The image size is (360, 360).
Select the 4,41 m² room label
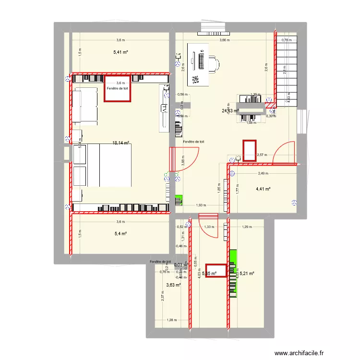pyautogui.click(x=263, y=189)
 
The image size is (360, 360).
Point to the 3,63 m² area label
pyautogui.click(x=173, y=285)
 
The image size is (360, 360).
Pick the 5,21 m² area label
pyautogui.click(x=247, y=274)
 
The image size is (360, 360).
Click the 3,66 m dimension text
pyautogui.click(x=224, y=40)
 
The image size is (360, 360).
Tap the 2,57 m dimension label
pyautogui.click(x=262, y=155)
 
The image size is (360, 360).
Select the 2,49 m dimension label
pyautogui.click(x=262, y=173)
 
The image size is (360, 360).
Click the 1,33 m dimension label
pyautogui.click(x=209, y=227)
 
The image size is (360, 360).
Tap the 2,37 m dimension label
pyautogui.click(x=163, y=298)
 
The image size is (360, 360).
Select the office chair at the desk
pyautogui.click(x=214, y=62)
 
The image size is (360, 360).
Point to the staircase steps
pyautogui.click(x=287, y=67)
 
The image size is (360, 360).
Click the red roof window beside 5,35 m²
pyautogui.click(x=216, y=271)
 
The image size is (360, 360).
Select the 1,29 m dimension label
pyautogui.click(x=247, y=227)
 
